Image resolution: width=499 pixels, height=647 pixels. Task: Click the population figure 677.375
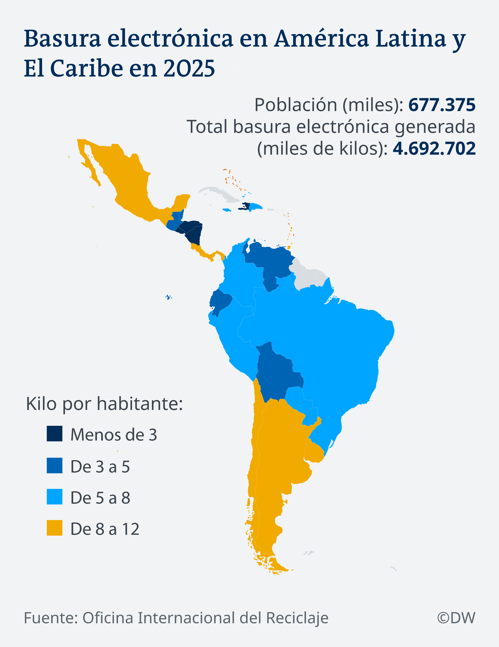pyautogui.click(x=442, y=105)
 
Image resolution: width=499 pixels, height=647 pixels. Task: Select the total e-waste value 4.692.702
pyautogui.click(x=434, y=149)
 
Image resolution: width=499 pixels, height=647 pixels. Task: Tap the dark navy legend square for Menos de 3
pyautogui.click(x=55, y=434)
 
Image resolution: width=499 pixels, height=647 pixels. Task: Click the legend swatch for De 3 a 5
pyautogui.click(x=55, y=466)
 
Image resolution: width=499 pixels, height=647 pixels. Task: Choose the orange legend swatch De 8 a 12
pyautogui.click(x=55, y=528)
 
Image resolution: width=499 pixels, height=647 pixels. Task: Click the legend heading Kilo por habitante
pyautogui.click(x=104, y=403)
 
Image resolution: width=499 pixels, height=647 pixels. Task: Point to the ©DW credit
pyautogui.click(x=456, y=618)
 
